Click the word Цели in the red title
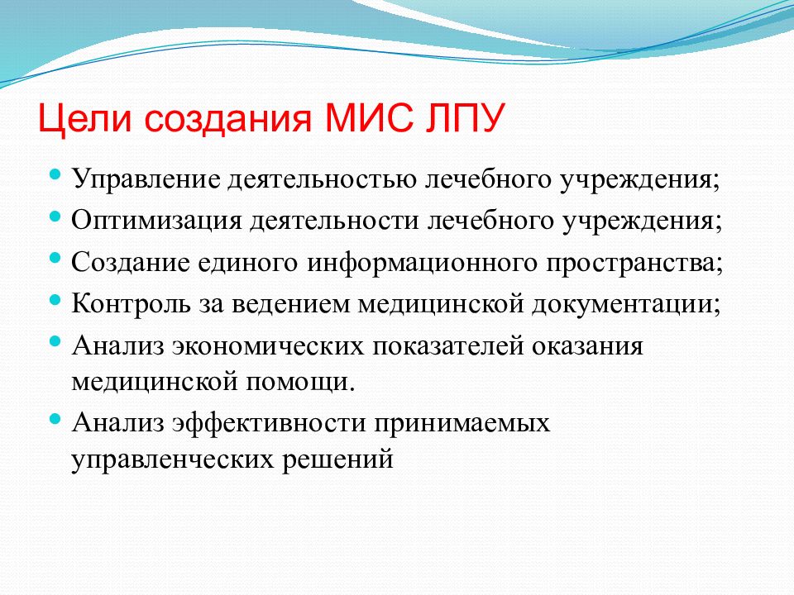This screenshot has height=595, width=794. coord(84,118)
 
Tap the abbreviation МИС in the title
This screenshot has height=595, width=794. coord(368,117)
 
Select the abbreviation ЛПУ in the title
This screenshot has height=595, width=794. coord(466,117)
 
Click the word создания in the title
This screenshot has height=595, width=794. coord(227,119)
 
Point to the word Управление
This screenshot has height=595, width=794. coord(146,180)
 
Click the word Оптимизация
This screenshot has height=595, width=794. coord(156,221)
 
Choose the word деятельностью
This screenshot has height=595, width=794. coord(322,180)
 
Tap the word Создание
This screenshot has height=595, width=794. coord(131,263)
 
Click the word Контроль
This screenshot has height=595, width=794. coord(132,304)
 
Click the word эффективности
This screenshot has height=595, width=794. coord(269,423)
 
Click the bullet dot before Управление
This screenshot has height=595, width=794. coord(55,175)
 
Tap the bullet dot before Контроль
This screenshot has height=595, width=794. coord(55,300)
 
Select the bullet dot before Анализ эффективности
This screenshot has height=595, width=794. coord(55,419)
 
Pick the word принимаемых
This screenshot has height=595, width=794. coord(462,423)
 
